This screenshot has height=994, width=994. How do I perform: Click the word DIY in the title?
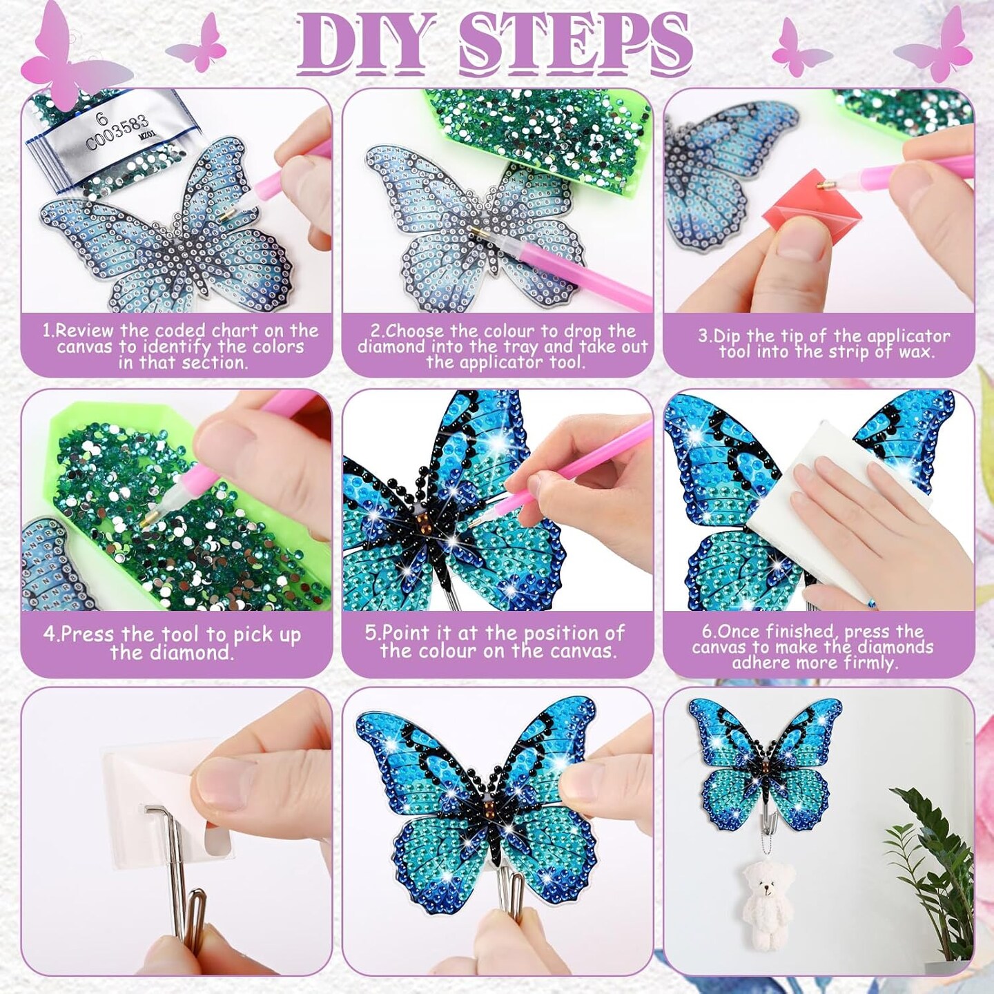pos(366,43)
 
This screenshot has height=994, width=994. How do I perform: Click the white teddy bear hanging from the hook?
pos(766,901)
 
